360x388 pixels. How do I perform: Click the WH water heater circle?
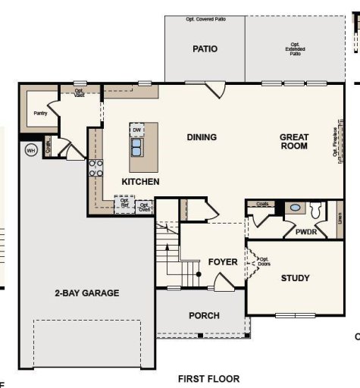coord(31,149)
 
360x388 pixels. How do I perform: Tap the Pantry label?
coord(41,113)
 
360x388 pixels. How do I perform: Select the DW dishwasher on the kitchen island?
coord(136,130)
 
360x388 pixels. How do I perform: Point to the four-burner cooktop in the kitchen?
coord(95,167)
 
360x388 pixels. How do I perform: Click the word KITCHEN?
coord(141,182)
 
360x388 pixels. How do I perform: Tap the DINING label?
coord(202,137)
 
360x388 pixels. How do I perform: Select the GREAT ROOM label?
coord(294,142)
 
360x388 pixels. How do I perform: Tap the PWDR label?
coord(306,232)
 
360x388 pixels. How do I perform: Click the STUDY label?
coord(295,278)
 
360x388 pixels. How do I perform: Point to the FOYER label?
coord(223,262)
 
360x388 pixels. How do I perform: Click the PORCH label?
coord(204,315)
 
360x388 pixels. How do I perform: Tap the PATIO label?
coord(204,49)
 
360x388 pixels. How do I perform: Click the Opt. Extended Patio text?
coord(296,48)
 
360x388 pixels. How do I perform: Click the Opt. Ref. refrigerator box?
coord(124,203)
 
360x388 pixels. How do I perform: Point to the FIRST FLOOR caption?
coord(208,378)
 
